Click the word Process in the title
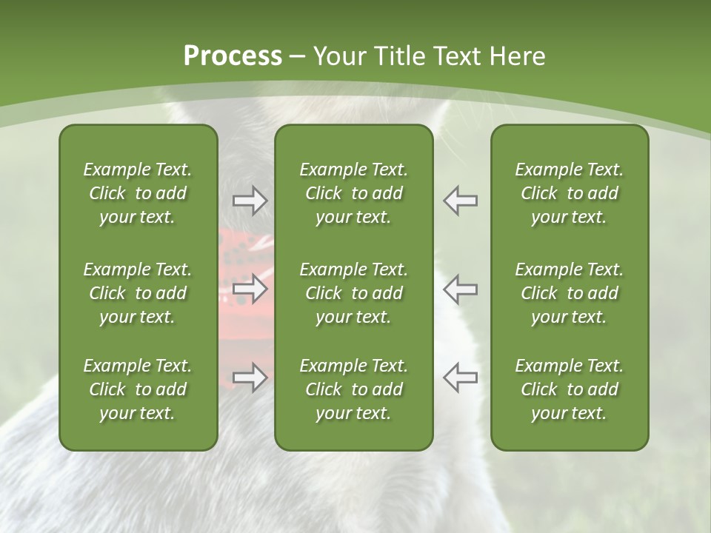(x=233, y=56)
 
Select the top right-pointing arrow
(x=250, y=201)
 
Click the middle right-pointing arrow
(x=250, y=289)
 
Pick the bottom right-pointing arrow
(x=250, y=377)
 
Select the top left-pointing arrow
(x=460, y=201)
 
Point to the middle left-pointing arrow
(x=460, y=289)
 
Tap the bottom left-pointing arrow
(x=460, y=377)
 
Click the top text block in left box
(x=138, y=193)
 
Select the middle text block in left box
(x=138, y=293)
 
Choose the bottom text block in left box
(x=138, y=389)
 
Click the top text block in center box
(x=353, y=193)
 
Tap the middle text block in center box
(x=353, y=293)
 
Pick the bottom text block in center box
(x=353, y=389)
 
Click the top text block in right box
(x=569, y=193)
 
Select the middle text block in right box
(x=569, y=293)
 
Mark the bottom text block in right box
(x=569, y=389)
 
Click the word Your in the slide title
(x=338, y=56)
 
